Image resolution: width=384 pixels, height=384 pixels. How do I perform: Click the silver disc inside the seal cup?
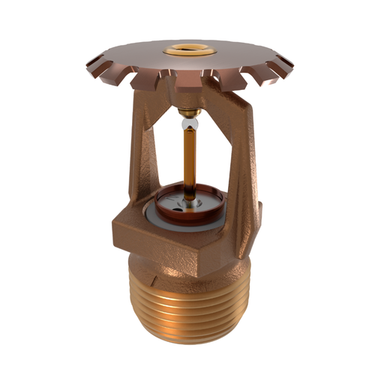coord(184,198)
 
